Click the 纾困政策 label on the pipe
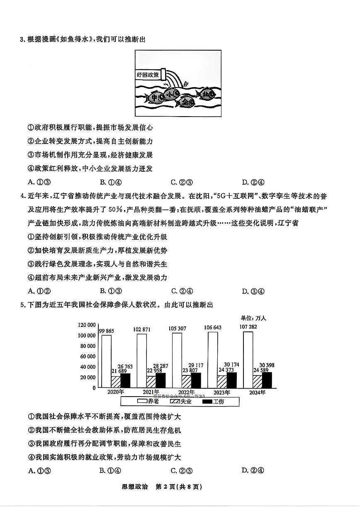click(x=148, y=75)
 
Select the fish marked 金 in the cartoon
click(x=185, y=102)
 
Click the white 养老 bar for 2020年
click(x=106, y=361)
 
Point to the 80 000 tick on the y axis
click(x=88, y=346)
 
